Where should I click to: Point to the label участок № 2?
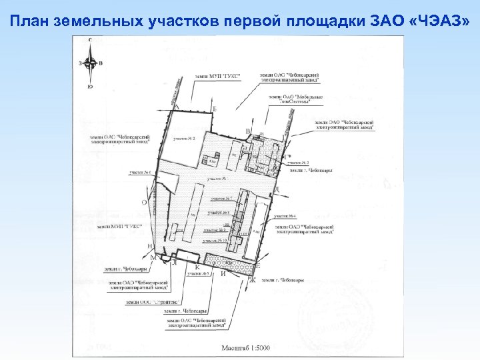[183, 139]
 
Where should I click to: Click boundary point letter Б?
[215, 109]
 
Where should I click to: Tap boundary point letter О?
[144, 201]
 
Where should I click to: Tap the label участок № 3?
[199, 274]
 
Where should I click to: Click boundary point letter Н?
[149, 245]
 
